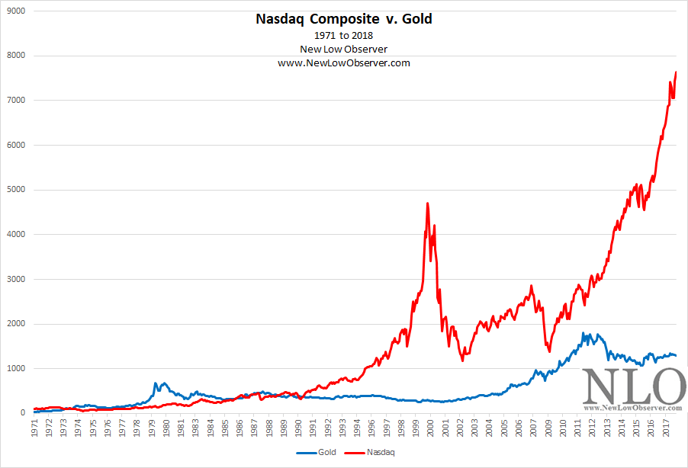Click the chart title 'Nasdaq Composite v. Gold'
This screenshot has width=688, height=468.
coord(343,18)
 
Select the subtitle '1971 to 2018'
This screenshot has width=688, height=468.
coord(343,36)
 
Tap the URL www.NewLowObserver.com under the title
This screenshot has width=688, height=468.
coord(343,63)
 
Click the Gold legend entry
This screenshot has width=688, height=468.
coord(320,452)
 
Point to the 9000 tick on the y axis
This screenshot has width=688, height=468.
coord(16,11)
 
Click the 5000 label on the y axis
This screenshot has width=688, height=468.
coord(16,190)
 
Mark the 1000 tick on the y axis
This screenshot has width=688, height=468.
coord(16,368)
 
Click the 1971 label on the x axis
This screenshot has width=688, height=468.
coord(36,427)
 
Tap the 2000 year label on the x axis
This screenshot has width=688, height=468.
coord(432,427)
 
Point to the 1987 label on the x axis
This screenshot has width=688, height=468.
coord(254,427)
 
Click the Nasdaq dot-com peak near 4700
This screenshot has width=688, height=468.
coord(427,203)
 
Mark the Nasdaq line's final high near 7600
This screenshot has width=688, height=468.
coord(677,72)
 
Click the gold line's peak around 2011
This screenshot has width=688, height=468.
coord(584,333)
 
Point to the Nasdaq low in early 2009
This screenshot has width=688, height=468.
coord(548,351)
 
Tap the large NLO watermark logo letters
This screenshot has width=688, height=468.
coord(633,386)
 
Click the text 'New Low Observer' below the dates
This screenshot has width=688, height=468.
coord(343,50)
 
